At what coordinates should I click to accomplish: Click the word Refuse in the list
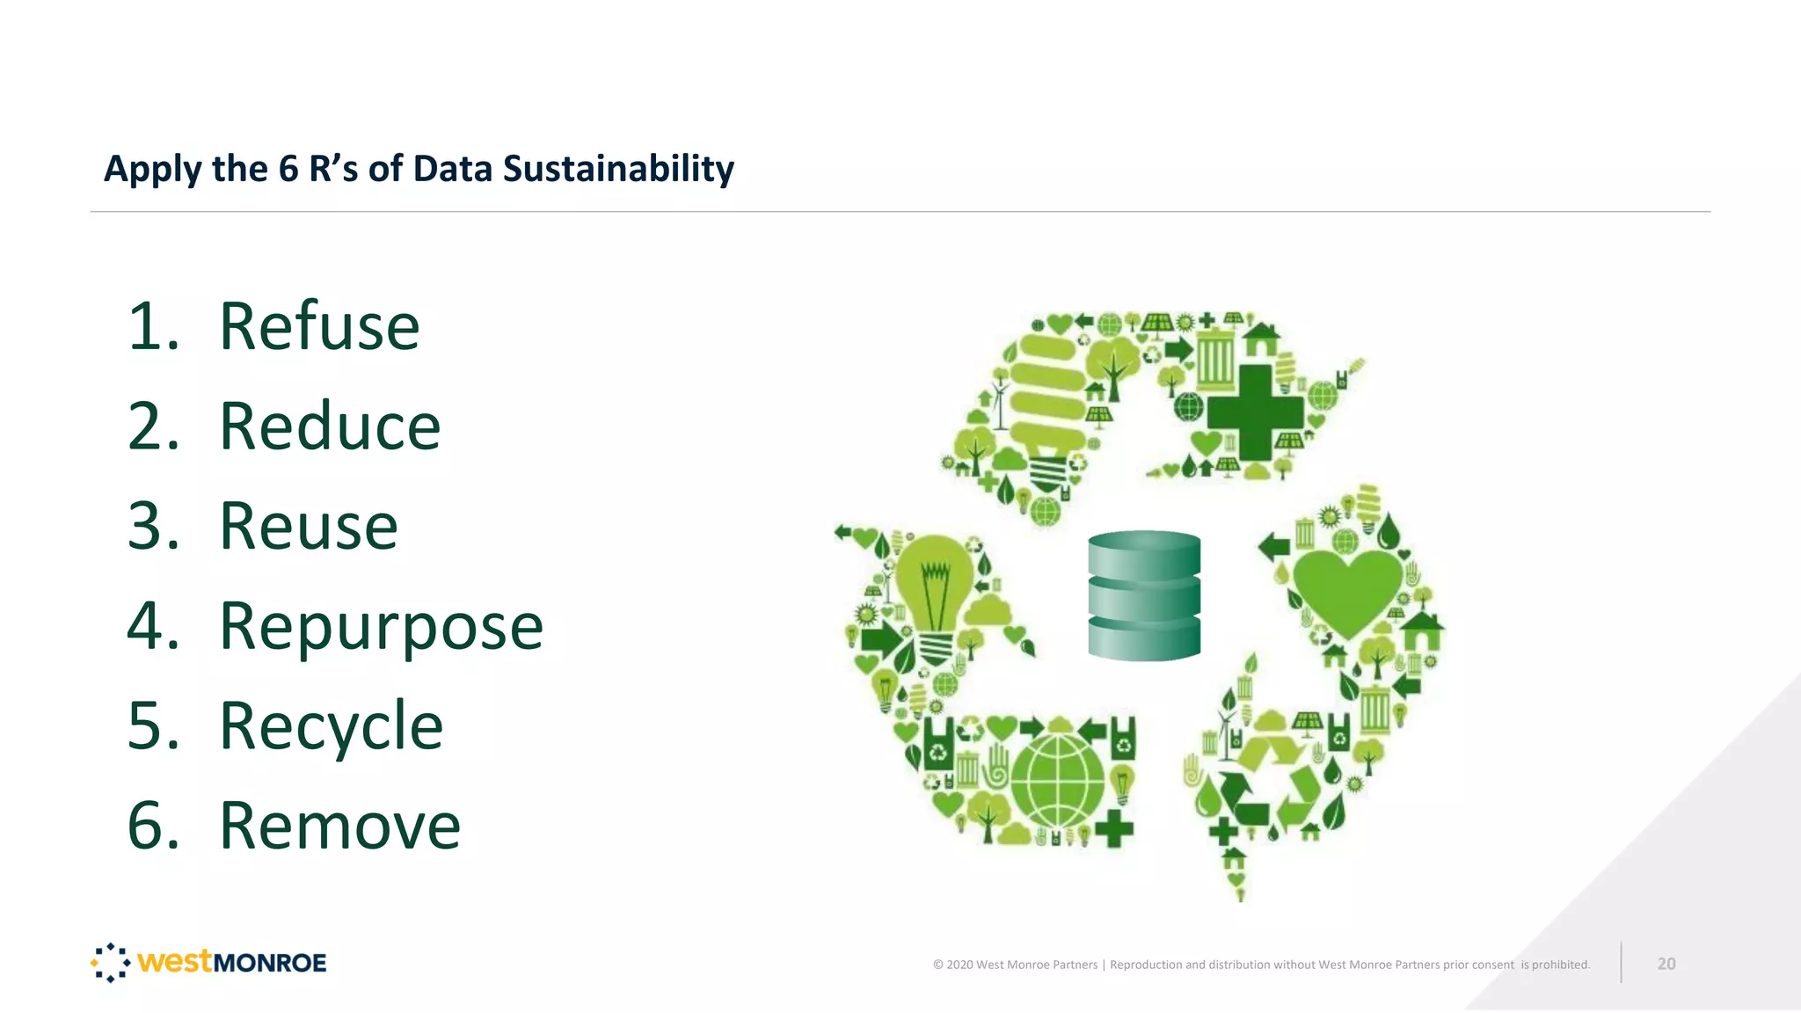[x=319, y=326]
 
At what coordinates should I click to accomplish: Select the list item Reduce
[x=330, y=426]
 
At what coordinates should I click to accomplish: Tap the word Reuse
[x=308, y=527]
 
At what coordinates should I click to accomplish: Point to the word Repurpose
[x=381, y=628]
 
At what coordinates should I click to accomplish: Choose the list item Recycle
[x=331, y=727]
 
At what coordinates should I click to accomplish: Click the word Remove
[x=339, y=827]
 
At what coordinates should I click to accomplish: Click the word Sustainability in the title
[x=618, y=169]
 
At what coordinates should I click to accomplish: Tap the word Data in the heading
[x=453, y=169]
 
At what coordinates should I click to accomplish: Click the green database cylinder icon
[x=1144, y=595]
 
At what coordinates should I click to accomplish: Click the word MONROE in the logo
[x=269, y=963]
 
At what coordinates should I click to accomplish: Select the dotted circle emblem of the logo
[x=111, y=963]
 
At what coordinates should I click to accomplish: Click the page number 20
[x=1666, y=964]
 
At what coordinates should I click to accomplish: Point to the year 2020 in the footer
[x=959, y=965]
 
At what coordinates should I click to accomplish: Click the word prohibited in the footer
[x=1560, y=965]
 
